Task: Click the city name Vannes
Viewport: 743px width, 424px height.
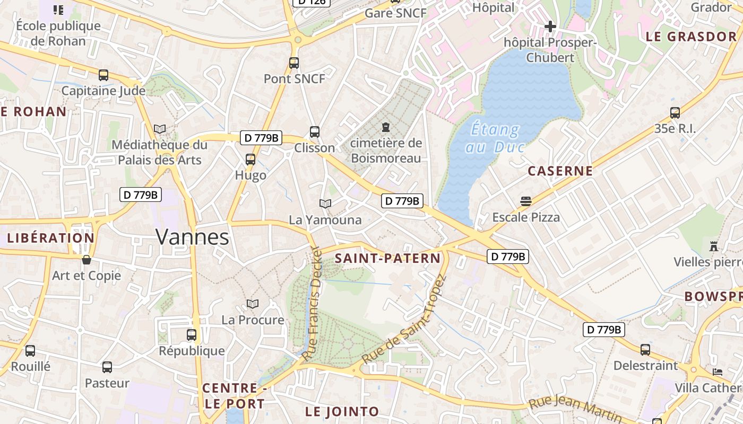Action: coord(192,237)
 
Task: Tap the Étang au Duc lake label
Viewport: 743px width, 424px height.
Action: coord(495,138)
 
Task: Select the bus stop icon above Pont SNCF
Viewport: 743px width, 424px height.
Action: coord(294,63)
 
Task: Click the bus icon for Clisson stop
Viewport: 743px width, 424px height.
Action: coord(315,131)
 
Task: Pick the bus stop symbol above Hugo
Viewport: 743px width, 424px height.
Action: coord(250,159)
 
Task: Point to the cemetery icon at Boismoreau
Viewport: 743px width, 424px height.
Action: coord(385,127)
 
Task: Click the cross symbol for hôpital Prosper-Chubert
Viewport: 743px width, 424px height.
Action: coord(550,26)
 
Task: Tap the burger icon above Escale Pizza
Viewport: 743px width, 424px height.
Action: coord(526,201)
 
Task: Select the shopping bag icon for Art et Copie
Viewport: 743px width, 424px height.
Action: coord(86,260)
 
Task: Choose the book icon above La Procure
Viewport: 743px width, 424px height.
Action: coord(253,304)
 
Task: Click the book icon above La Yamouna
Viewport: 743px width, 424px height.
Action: coord(325,204)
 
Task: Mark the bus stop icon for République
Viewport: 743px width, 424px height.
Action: coord(192,335)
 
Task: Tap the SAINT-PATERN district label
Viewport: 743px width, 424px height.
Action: coord(388,259)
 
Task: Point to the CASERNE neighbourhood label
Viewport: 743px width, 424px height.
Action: coord(560,171)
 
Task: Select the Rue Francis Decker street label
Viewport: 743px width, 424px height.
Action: coord(313,304)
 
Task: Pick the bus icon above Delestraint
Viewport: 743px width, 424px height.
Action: coord(645,350)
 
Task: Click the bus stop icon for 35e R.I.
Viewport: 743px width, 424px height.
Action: coord(675,112)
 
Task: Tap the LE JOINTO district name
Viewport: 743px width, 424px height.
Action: coord(342,411)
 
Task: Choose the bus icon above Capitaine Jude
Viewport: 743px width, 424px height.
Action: coord(103,75)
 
